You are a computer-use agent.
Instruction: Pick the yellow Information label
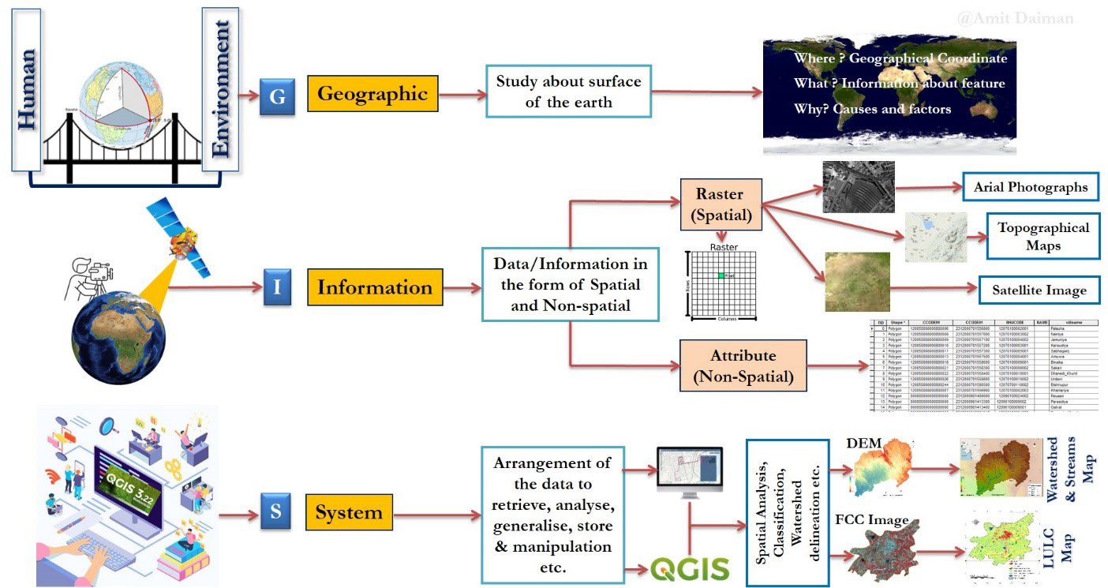[375, 287]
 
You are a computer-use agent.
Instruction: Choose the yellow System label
[348, 513]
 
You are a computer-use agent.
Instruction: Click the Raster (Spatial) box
[721, 203]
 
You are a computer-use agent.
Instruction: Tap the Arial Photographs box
[1030, 188]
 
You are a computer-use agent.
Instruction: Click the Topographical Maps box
[1042, 235]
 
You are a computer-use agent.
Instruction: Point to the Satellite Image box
[1039, 290]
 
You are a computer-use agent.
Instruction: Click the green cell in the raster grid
[721, 275]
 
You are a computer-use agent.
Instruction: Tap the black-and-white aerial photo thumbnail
[858, 187]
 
